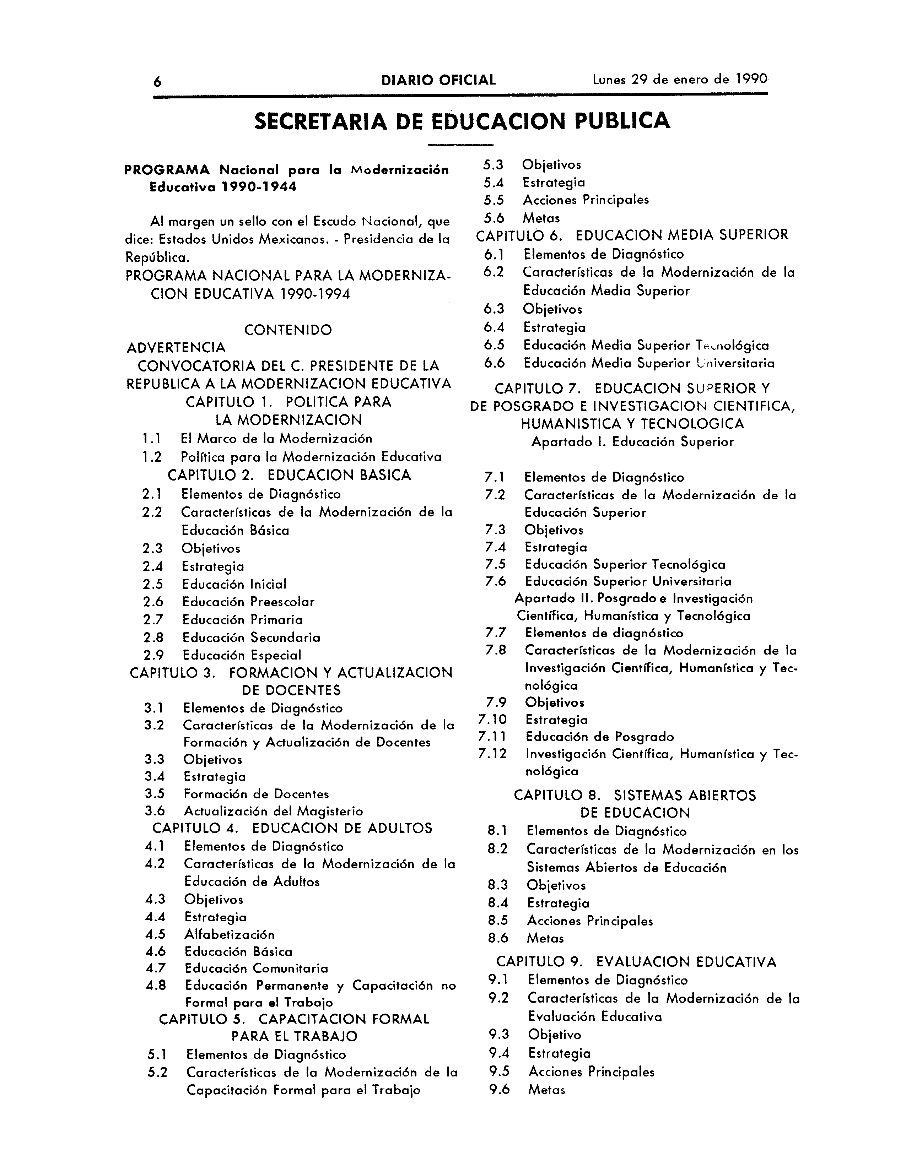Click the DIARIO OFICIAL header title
438,81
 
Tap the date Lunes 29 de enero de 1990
680,80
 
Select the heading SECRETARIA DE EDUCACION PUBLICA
462,121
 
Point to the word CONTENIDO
288,330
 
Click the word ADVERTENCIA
176,348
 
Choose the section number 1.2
152,457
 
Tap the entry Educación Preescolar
248,602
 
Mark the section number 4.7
155,968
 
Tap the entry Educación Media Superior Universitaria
649,363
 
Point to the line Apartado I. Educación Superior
632,442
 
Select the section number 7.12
492,754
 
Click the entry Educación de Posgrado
599,737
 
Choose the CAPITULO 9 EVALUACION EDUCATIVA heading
636,962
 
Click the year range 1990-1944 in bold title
259,188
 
